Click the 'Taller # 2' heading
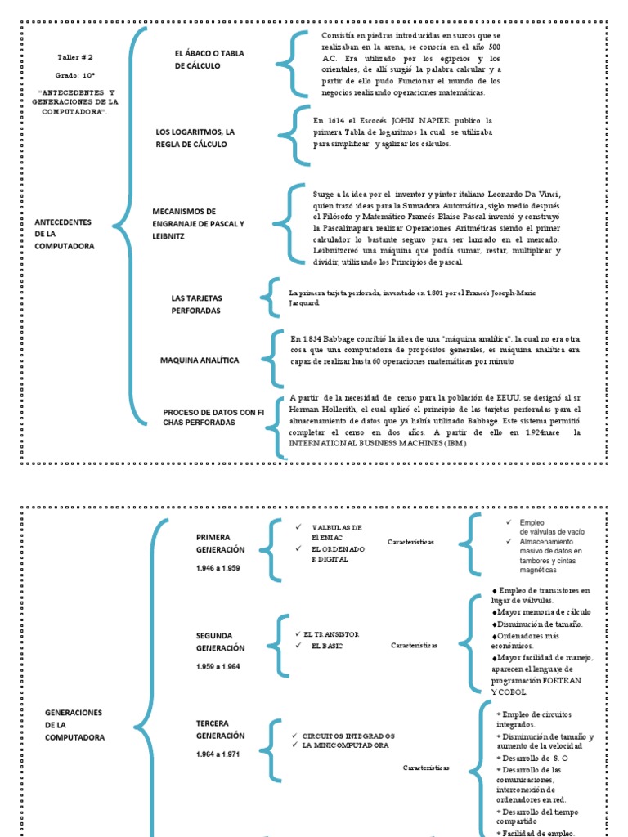tap(76, 58)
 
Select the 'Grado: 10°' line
tap(76, 74)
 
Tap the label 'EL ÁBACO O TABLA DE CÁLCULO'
tap(209, 60)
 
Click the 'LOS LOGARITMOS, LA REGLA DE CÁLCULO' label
tap(195, 137)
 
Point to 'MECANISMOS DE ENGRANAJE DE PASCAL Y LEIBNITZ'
tap(198, 223)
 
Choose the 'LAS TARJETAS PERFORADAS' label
tap(196, 304)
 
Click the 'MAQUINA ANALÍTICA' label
tap(199, 360)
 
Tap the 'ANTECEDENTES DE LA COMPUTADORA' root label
tap(65, 234)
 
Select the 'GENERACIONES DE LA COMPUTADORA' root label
tap(75, 725)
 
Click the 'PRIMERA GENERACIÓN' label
tap(220, 543)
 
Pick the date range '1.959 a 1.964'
tap(218, 667)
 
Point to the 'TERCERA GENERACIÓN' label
tap(220, 730)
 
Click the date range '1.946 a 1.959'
tap(218, 567)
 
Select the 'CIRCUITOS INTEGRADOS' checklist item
tap(348, 735)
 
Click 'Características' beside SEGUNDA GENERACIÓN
tap(415, 645)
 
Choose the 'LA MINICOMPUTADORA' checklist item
tap(346, 745)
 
